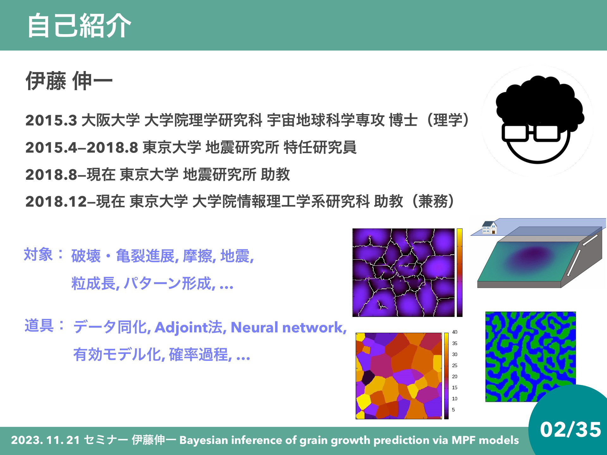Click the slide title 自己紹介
tap(79, 26)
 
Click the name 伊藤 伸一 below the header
tap(69, 81)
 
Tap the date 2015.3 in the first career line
tap(51, 120)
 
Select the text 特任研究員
tap(320, 147)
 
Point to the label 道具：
tap(45, 325)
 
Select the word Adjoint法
tap(189, 327)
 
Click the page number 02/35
tap(570, 429)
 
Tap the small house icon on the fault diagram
tap(489, 227)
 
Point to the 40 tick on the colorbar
tap(455, 332)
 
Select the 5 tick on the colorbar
tap(453, 410)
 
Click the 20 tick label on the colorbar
tap(455, 377)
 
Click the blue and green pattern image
tap(530, 357)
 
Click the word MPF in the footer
tap(463, 440)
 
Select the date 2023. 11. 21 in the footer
tap(45, 440)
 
